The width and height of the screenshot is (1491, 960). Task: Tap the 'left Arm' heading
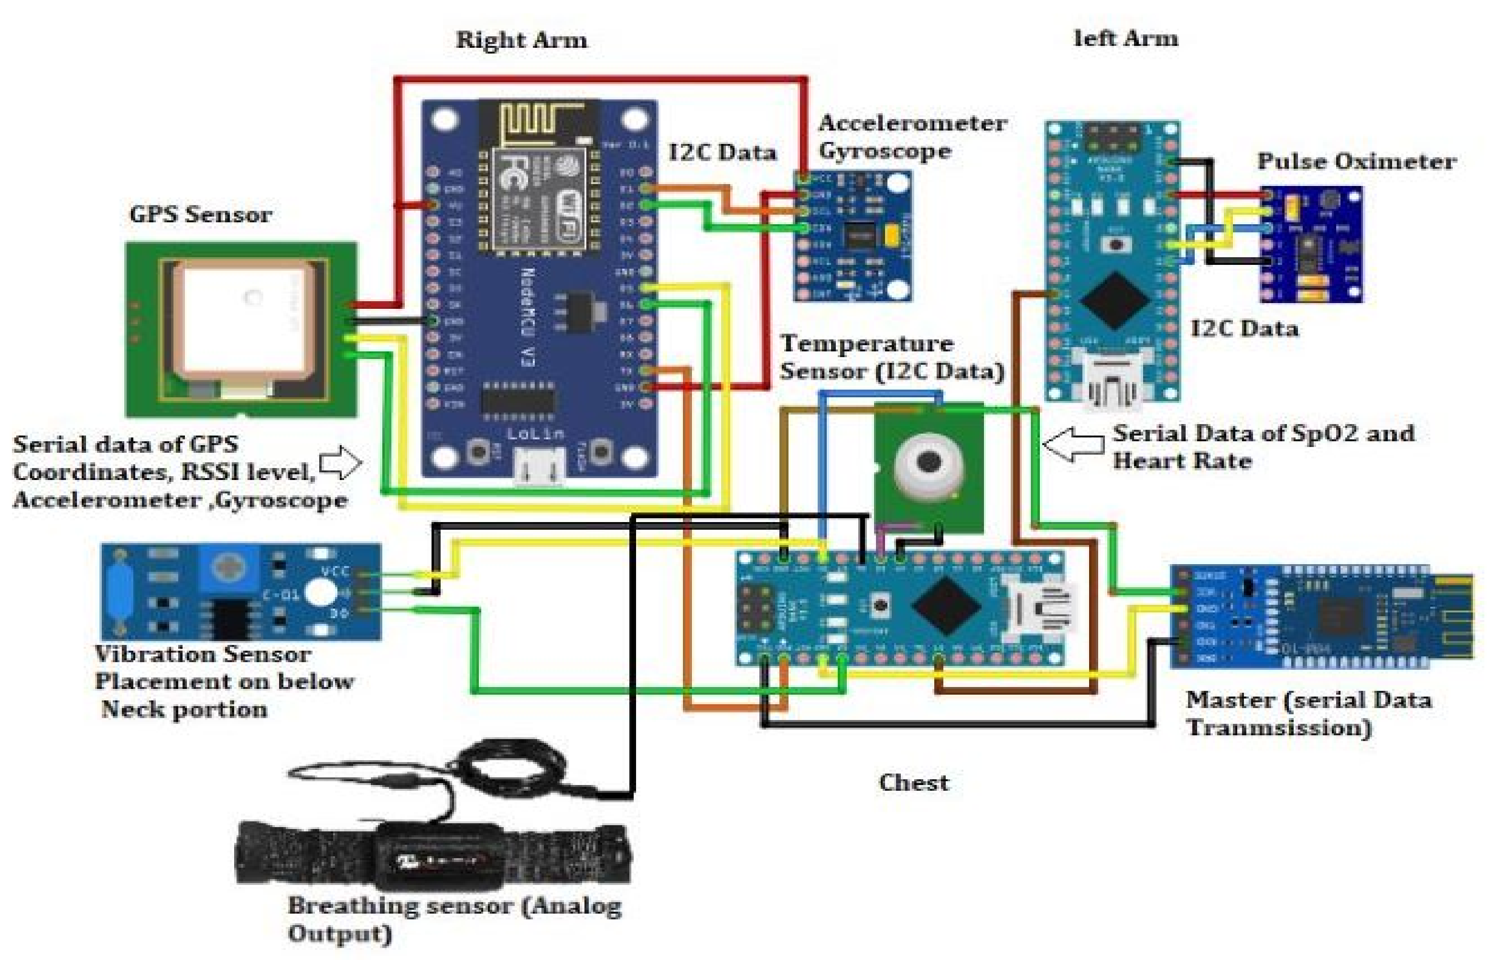1126,39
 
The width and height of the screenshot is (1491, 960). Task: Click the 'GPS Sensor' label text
201,215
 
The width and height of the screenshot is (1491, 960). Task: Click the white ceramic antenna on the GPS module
243,321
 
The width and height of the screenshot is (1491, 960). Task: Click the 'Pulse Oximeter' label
1356,162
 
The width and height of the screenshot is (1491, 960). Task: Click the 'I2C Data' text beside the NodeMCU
723,153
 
